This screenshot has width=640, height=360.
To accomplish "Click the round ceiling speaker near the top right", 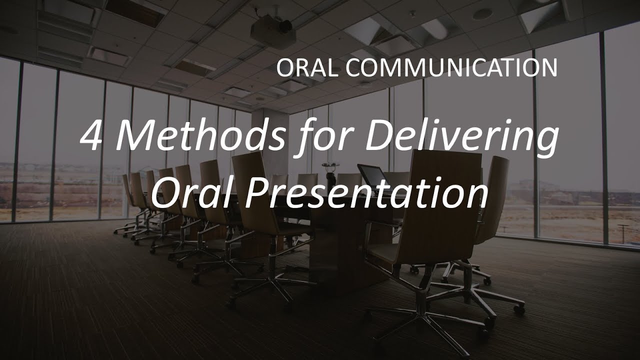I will [x=482, y=14].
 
